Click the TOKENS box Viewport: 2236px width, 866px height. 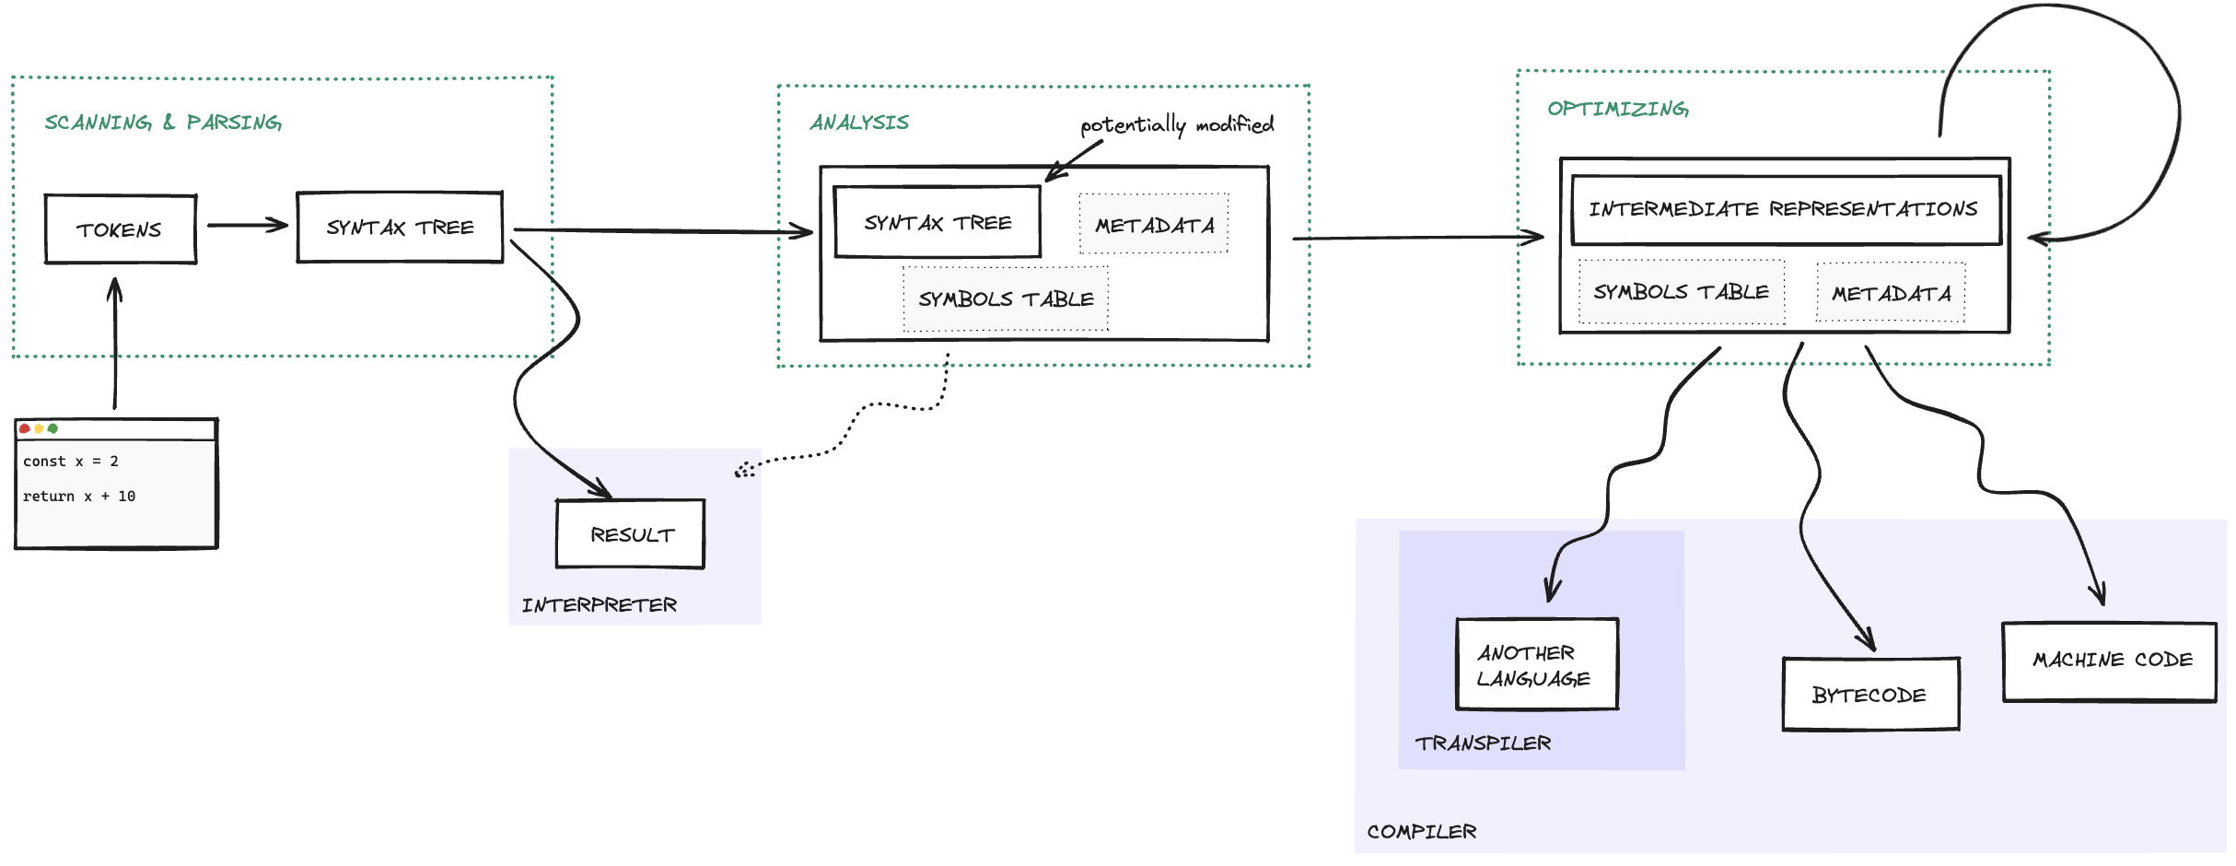(121, 229)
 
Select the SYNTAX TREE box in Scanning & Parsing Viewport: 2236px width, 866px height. (400, 228)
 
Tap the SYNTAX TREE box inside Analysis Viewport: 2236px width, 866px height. (937, 223)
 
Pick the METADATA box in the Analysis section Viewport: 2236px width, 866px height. (1154, 225)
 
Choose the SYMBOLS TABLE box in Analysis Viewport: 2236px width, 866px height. (1006, 299)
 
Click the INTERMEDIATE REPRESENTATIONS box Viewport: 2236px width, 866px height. (1785, 210)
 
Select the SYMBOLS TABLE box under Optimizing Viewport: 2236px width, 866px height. (1682, 292)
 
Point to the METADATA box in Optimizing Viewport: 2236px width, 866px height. (1891, 294)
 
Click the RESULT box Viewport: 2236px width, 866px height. (631, 534)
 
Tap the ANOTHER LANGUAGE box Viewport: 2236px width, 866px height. (1536, 664)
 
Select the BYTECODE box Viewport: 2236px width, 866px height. (1869, 695)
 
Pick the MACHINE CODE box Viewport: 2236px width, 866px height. (2110, 661)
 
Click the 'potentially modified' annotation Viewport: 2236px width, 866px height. (1177, 124)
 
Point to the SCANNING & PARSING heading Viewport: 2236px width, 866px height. (163, 123)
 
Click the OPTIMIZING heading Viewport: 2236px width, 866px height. (1617, 109)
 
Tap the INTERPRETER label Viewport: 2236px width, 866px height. (600, 605)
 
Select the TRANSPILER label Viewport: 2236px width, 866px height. (1483, 743)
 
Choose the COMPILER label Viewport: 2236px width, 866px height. (1421, 832)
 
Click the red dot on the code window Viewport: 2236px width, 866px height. (25, 429)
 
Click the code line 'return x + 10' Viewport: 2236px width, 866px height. (79, 497)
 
